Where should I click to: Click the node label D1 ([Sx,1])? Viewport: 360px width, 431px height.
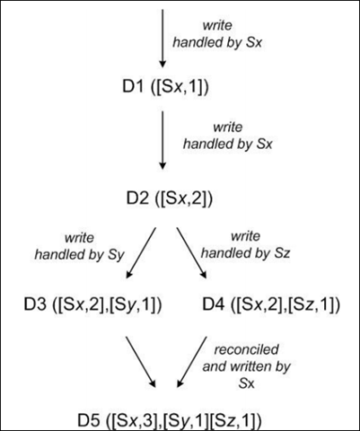[x=165, y=87]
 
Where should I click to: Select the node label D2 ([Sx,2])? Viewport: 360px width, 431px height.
[x=170, y=198]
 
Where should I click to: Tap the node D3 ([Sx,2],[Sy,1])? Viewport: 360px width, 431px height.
[x=92, y=304]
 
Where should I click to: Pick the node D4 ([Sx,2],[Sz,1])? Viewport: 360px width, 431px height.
[x=271, y=304]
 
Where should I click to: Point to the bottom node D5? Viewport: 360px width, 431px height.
[x=170, y=420]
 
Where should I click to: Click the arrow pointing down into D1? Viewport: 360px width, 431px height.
[x=162, y=39]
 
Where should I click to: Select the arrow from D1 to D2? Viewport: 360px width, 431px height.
[x=162, y=141]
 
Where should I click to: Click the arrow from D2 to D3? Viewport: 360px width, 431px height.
[x=141, y=253]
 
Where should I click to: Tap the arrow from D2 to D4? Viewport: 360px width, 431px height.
[x=192, y=253]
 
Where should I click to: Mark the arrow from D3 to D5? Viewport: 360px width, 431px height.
[x=141, y=362]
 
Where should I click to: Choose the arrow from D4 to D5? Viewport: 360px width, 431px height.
[x=192, y=362]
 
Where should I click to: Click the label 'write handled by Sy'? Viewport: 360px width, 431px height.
[x=79, y=246]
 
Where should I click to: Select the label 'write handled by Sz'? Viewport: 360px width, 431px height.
[x=245, y=245]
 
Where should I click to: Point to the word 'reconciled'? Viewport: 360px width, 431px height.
[x=247, y=349]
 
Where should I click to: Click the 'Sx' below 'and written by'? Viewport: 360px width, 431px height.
[x=246, y=383]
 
